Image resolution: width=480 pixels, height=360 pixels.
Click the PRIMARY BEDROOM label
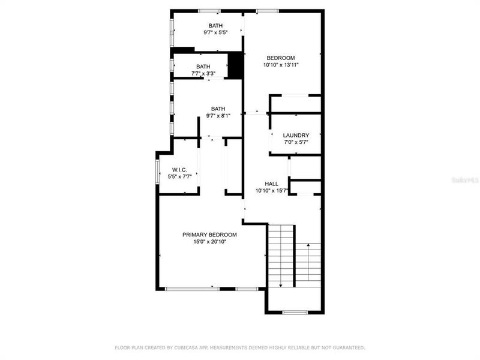(x=209, y=235)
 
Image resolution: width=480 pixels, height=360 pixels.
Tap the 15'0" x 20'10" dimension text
(x=209, y=242)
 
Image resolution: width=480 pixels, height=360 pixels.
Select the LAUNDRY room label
(x=296, y=136)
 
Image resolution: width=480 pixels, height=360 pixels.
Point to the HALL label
(x=272, y=184)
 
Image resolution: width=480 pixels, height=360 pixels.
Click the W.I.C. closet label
(x=180, y=170)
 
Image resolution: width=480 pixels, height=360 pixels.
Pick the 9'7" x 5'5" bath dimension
(x=215, y=32)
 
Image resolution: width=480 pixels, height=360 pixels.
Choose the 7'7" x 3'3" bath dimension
(x=203, y=74)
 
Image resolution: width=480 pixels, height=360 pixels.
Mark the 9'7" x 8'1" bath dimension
(x=218, y=116)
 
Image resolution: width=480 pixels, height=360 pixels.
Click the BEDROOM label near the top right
(x=281, y=58)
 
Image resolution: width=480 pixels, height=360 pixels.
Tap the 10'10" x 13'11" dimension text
(x=281, y=65)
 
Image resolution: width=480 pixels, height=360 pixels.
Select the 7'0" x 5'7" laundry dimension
(x=296, y=143)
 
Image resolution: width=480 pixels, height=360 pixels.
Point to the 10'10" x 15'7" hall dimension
(x=272, y=191)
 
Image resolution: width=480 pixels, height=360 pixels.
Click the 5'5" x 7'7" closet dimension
(x=180, y=177)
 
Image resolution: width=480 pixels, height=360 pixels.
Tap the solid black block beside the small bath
(x=236, y=65)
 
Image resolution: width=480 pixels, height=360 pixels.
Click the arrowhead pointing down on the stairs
(x=281, y=284)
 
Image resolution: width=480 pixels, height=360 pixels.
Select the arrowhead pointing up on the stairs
(x=308, y=244)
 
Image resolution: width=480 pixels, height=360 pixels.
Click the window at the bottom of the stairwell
(x=295, y=312)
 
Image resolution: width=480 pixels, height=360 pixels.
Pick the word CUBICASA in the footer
(x=188, y=347)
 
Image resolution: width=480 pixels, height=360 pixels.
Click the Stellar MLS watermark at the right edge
(x=467, y=178)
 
